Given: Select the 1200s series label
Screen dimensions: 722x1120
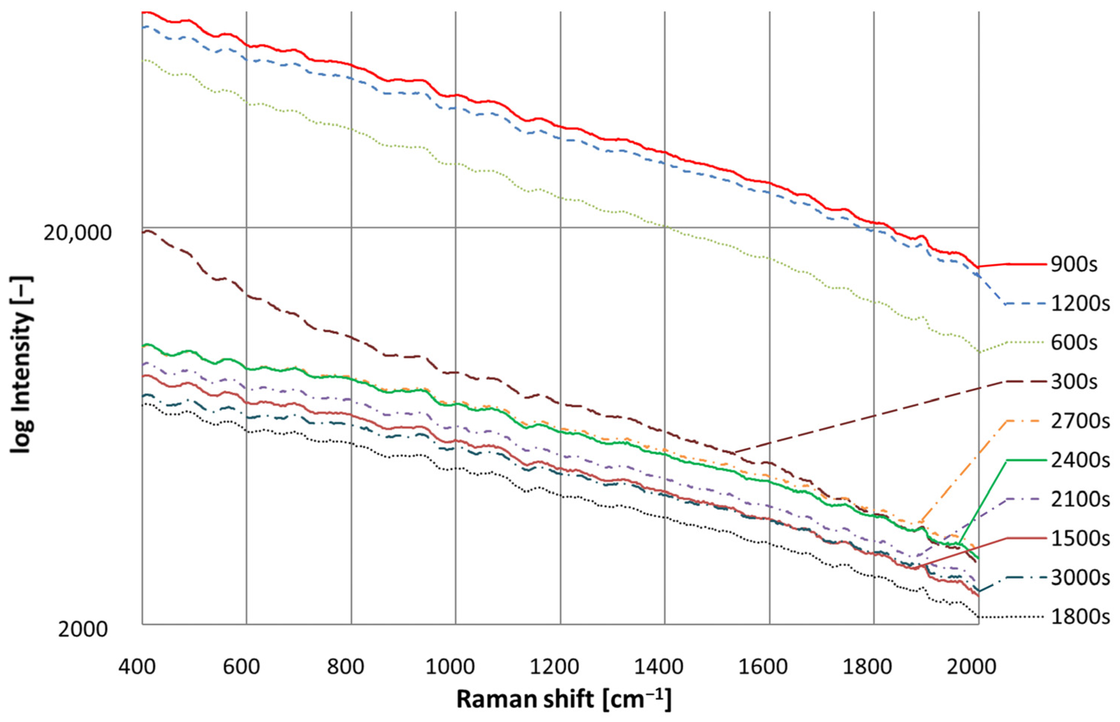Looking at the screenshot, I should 1080,304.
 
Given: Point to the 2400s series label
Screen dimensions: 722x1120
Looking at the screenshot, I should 1080,460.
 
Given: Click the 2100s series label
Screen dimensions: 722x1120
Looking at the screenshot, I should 1080,500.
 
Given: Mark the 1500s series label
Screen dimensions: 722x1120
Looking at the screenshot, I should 1080,539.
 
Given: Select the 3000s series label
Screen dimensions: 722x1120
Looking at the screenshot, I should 1080,578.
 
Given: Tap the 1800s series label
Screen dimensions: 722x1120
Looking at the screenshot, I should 1080,617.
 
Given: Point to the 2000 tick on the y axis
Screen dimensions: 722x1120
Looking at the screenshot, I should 83,629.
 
